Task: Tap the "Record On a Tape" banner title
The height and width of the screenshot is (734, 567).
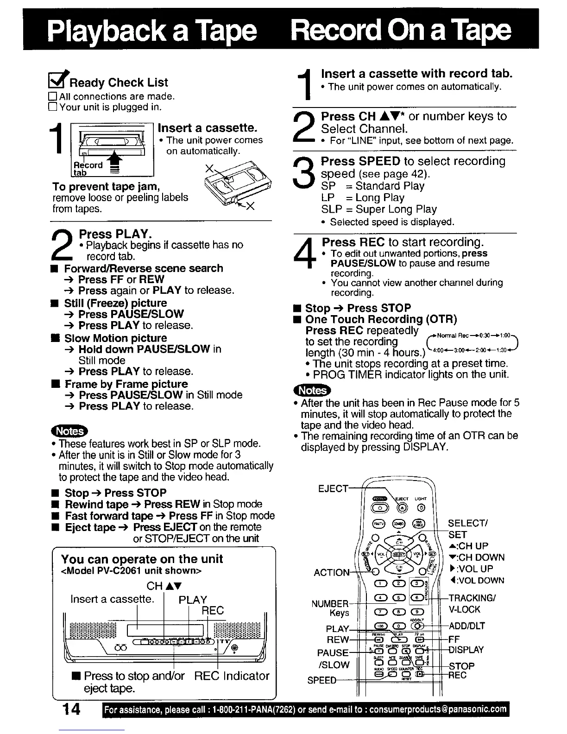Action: pos(401,31)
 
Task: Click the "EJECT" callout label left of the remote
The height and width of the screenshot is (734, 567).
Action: pos(333,488)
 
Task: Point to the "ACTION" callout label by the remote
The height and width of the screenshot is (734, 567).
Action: pos(331,573)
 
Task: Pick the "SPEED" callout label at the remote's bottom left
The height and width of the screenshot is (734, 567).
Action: pos(321,680)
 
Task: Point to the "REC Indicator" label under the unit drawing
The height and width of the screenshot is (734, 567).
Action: pos(232,676)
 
